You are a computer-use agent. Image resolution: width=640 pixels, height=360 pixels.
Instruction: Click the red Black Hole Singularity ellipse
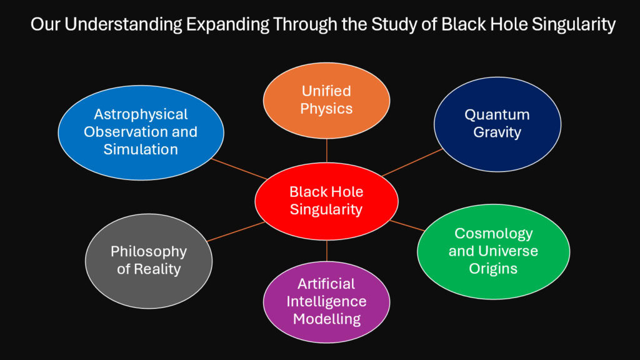326,201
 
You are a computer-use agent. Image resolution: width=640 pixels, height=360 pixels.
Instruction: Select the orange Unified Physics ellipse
326,100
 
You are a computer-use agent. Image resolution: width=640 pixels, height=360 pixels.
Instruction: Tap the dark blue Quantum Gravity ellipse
497,124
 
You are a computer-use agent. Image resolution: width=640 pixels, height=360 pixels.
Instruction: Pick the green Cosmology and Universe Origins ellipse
493,251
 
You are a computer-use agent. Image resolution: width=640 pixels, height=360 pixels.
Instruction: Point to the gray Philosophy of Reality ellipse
148,261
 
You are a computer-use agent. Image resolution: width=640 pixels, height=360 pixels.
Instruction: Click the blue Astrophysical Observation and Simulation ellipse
141,132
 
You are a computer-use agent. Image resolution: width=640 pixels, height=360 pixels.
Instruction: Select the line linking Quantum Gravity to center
412,162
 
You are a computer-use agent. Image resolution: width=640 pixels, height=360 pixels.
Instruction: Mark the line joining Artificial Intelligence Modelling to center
326,251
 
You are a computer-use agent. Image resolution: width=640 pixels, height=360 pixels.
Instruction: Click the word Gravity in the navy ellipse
497,132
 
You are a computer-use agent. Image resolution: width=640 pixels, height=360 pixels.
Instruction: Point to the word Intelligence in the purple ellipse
326,301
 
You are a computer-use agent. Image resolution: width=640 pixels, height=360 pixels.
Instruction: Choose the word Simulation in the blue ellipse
141,149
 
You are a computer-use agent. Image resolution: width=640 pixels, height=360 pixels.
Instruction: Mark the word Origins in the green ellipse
493,269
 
